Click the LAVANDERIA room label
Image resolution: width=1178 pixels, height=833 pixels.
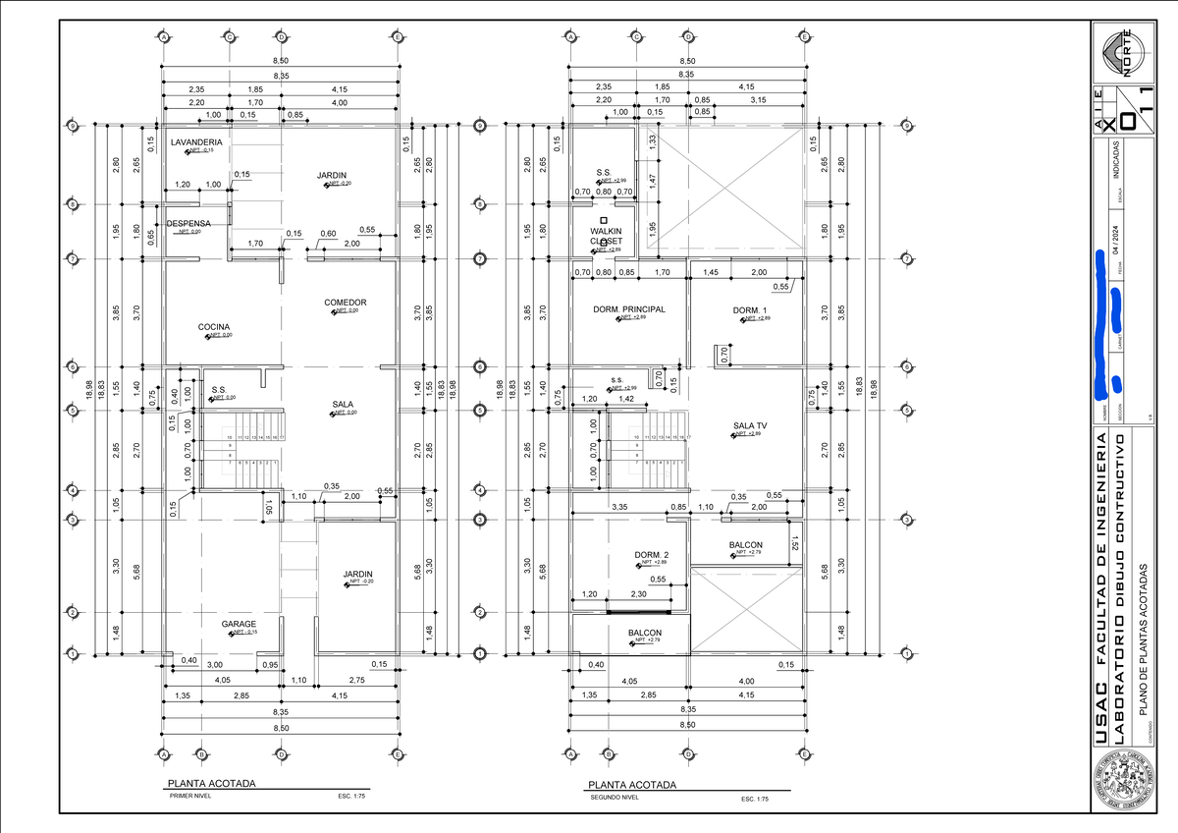coord(196,142)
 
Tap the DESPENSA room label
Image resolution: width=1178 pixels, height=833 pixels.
coord(187,223)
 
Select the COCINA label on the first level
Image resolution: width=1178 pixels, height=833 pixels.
coord(214,327)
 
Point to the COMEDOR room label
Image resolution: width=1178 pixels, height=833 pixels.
coord(346,303)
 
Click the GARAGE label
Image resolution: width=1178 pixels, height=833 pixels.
coord(239,624)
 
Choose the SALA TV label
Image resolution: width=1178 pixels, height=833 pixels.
coord(750,426)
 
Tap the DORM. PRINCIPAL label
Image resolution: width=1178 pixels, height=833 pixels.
coord(628,309)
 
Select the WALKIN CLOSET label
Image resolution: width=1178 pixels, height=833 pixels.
coord(607,236)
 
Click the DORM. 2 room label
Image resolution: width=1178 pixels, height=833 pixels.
coord(651,555)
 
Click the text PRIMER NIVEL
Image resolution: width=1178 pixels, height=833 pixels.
coord(190,798)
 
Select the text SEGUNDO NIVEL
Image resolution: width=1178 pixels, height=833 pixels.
coord(615,799)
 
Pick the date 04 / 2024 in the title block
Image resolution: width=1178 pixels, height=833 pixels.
coord(1116,239)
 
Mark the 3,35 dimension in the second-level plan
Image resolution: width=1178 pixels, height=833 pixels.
coord(619,508)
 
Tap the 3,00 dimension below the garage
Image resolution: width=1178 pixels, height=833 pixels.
coord(213,665)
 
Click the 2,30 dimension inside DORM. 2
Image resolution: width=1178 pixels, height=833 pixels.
coord(638,594)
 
